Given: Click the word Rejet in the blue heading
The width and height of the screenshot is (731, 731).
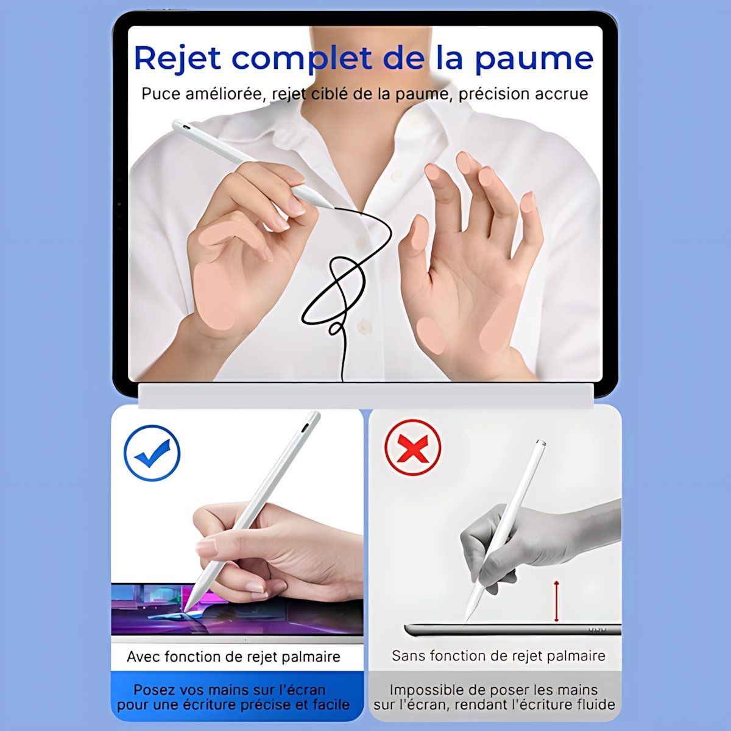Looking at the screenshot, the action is point(177,58).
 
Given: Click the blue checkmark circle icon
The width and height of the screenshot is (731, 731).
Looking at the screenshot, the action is point(152,453).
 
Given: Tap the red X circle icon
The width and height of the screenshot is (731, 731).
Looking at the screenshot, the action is point(412,447).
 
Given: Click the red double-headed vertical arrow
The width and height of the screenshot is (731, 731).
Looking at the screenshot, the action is point(557,606).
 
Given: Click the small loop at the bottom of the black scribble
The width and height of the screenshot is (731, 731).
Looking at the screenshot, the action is point(335,328).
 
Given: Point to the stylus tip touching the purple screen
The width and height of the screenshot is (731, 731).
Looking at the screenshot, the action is point(186,620).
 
